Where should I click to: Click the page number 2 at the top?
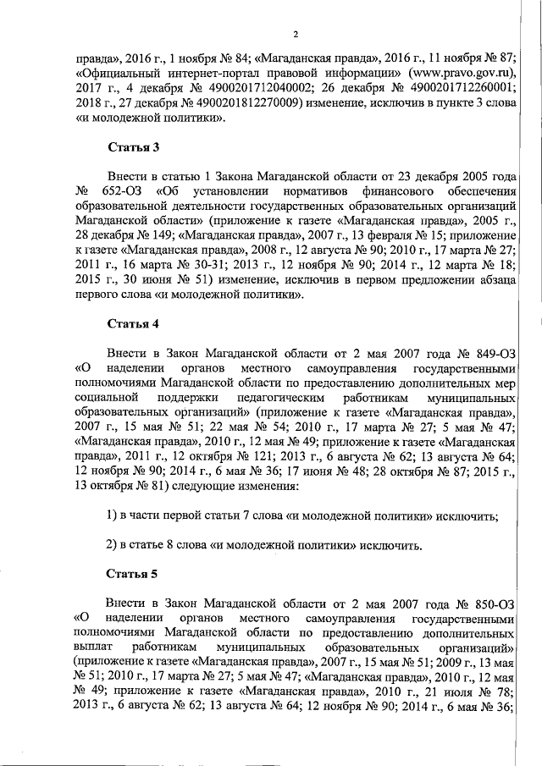pyautogui.click(x=296, y=34)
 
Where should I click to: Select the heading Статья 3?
pyautogui.click(x=133, y=148)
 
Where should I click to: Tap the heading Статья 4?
pyautogui.click(x=133, y=324)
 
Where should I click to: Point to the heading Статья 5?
pyautogui.click(x=133, y=574)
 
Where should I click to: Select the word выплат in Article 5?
pyautogui.click(x=96, y=648)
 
